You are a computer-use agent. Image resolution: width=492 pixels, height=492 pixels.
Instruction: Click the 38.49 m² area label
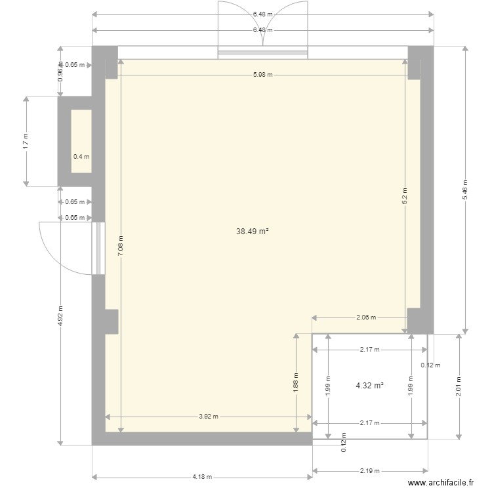pyautogui.click(x=253, y=232)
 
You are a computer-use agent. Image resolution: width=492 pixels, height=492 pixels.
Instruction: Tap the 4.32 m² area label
pyautogui.click(x=369, y=386)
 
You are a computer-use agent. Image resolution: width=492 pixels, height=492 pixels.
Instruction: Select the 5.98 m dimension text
pyautogui.click(x=262, y=75)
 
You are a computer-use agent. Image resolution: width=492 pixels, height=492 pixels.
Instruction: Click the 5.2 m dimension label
pyautogui.click(x=405, y=194)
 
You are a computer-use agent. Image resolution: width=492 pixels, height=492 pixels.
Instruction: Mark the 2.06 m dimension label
pyautogui.click(x=366, y=318)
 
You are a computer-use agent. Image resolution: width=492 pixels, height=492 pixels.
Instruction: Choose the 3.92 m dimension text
pyautogui.click(x=208, y=417)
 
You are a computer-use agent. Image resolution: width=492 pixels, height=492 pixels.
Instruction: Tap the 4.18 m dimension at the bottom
pyautogui.click(x=201, y=478)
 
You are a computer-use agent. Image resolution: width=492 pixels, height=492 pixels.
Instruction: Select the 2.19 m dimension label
pyautogui.click(x=370, y=471)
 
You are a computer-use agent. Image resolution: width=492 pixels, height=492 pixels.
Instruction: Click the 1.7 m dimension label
pyautogui.click(x=26, y=142)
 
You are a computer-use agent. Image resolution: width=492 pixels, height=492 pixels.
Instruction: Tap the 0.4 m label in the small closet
pyautogui.click(x=81, y=157)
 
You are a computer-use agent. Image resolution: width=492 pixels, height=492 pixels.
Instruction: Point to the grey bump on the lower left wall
pyautogui.click(x=111, y=321)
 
